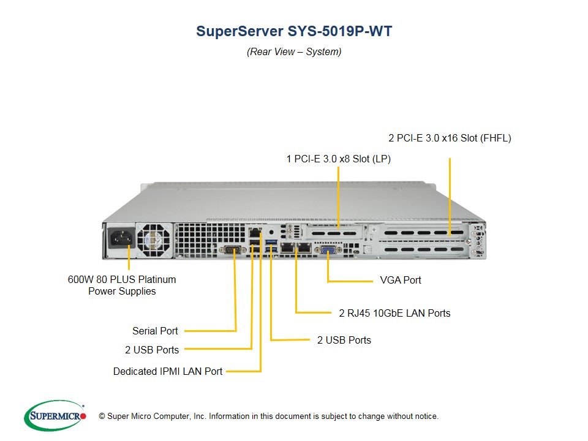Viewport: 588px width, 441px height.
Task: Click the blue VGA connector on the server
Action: pos(328,250)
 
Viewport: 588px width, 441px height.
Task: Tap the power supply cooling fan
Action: pos(154,240)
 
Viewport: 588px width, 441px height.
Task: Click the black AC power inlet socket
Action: pos(121,238)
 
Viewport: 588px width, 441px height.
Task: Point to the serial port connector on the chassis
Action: pos(233,249)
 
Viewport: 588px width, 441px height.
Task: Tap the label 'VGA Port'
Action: pos(401,280)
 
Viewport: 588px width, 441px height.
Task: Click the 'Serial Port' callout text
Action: pos(155,331)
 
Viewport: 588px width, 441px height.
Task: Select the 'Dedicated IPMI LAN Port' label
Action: pos(168,371)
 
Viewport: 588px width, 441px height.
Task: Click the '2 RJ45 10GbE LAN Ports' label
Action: pos(394,313)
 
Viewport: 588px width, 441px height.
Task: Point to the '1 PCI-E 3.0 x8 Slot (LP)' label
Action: pos(339,159)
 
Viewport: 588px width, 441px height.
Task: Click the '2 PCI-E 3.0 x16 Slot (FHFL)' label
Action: pos(450,138)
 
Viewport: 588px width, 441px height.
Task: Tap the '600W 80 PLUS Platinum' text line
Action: pos(122,279)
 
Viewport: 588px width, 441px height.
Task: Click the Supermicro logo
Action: pos(55,415)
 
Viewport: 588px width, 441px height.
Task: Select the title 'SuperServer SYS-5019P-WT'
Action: pos(294,31)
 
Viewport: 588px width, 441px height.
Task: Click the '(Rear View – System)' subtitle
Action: pos(294,51)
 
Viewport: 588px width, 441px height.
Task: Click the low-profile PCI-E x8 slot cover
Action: pos(334,233)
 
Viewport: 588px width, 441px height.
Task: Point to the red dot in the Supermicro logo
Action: pos(83,416)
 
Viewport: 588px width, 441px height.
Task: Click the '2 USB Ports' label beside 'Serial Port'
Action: pos(152,350)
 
